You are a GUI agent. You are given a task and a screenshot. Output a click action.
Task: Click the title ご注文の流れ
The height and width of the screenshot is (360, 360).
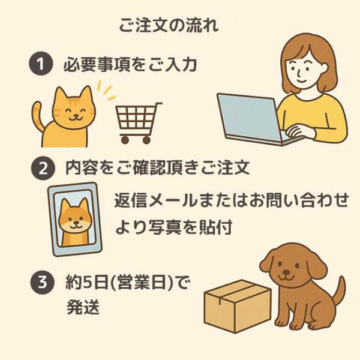pyautogui.click(x=169, y=25)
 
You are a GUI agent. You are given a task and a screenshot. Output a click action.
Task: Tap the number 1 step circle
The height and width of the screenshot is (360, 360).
pyautogui.click(x=41, y=64)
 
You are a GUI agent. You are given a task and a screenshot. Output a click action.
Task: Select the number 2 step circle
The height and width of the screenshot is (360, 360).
pyautogui.click(x=43, y=168)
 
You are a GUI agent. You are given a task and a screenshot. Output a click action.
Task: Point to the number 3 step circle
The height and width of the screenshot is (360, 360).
pyautogui.click(x=43, y=283)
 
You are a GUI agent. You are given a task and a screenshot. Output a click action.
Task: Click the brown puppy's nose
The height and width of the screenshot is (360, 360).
pyautogui.click(x=286, y=272)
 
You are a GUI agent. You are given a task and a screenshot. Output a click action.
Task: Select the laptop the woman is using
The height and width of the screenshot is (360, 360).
pyautogui.click(x=253, y=119)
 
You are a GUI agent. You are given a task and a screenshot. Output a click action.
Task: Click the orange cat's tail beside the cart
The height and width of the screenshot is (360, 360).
pyautogui.click(x=38, y=115)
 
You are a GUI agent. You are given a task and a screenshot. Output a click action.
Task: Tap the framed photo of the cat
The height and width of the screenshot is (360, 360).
pyautogui.click(x=74, y=219)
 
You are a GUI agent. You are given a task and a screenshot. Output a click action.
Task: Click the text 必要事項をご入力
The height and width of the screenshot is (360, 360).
pyautogui.click(x=130, y=64)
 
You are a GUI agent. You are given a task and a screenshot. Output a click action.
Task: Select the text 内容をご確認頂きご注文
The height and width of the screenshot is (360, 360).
pyautogui.click(x=157, y=168)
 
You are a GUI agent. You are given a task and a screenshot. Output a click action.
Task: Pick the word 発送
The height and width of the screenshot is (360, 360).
pyautogui.click(x=83, y=307)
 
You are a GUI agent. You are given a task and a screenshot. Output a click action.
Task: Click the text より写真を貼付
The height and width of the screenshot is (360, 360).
pyautogui.click(x=173, y=227)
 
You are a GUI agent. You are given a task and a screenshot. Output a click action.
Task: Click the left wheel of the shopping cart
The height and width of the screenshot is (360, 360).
pyautogui.click(x=124, y=139)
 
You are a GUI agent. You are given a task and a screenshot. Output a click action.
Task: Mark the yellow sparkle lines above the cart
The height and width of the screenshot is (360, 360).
pyautogui.click(x=106, y=90)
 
